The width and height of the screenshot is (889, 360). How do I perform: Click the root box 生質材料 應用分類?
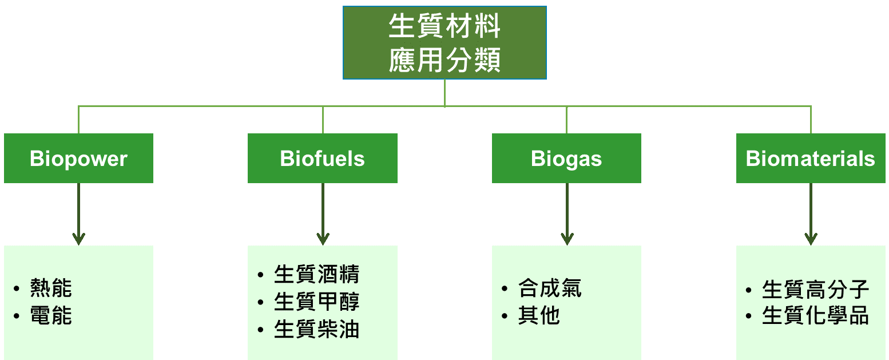tap(445, 42)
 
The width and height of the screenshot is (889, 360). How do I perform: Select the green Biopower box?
tap(78, 159)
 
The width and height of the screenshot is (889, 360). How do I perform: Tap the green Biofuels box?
tap(323, 159)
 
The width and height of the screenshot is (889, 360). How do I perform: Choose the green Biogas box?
tap(566, 159)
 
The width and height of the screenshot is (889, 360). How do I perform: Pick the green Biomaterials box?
tap(811, 159)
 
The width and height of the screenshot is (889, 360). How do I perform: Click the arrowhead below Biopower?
tap(78, 238)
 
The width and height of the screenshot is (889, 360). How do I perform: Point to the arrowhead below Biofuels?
tap(323, 238)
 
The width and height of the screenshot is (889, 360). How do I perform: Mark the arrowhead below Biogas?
tap(567, 238)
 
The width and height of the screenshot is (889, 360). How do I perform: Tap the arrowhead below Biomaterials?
tap(811, 238)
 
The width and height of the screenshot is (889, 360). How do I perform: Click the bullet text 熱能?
tap(51, 288)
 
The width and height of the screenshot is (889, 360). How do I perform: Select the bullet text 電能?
tap(51, 315)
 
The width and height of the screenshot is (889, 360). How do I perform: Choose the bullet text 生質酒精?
tap(316, 274)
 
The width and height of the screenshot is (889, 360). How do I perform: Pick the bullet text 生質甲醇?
tap(316, 302)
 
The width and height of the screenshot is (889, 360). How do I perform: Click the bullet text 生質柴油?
tap(316, 330)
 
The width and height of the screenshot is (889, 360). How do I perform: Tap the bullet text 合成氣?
tap(550, 288)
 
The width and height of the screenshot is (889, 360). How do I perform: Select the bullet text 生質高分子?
tap(815, 290)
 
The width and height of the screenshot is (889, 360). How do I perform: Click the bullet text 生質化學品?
tap(815, 316)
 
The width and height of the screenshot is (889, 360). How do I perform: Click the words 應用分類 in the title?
tap(445, 60)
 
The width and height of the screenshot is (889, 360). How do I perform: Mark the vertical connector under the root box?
tap(445, 93)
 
